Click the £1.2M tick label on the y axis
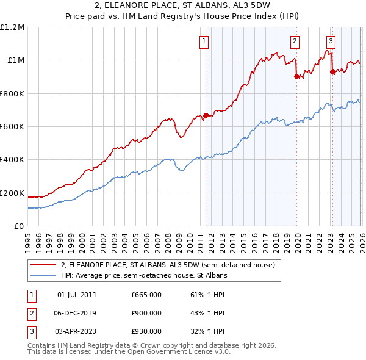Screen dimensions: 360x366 pyautogui.click(x=12, y=27)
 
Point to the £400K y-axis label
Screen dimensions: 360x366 pyautogui.click(x=12, y=160)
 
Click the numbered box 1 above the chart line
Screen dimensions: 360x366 pyautogui.click(x=203, y=41)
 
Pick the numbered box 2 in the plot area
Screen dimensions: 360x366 pyautogui.click(x=295, y=41)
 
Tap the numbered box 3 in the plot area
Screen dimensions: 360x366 pyautogui.click(x=331, y=41)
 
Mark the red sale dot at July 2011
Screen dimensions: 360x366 pyautogui.click(x=206, y=115)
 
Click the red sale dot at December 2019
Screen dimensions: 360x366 pyautogui.click(x=296, y=77)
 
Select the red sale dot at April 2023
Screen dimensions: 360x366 pyautogui.click(x=332, y=71)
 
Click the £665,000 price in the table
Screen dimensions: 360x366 pyautogui.click(x=146, y=295)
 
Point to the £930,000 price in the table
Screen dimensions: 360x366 pyautogui.click(x=146, y=331)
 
